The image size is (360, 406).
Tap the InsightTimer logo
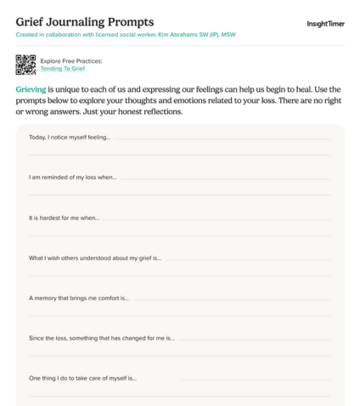325,24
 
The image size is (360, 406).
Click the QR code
25,65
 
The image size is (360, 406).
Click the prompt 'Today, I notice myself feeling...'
70,137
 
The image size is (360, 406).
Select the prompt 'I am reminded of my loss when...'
73,177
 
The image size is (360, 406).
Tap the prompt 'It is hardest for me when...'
65,217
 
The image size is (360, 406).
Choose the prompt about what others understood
95,258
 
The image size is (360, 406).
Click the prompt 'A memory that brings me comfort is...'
79,298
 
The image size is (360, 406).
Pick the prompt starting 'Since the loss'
102,338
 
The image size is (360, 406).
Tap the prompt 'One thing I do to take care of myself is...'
83,378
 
